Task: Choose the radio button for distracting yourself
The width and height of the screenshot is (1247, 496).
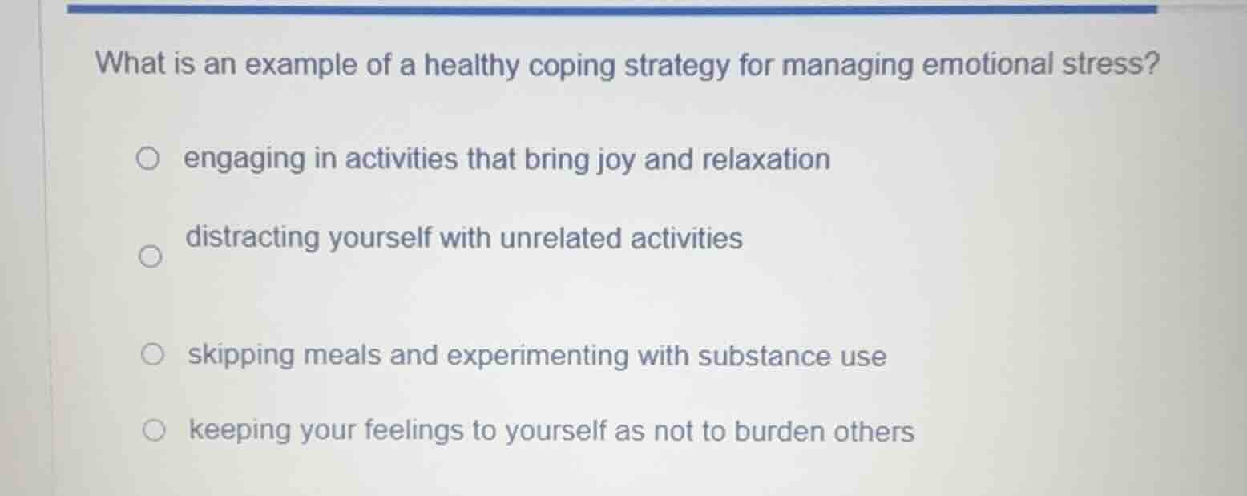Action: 147,258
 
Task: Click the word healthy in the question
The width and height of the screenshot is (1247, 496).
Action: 471,65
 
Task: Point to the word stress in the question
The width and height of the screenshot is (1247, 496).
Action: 1111,63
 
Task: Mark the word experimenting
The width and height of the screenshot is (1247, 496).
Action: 538,357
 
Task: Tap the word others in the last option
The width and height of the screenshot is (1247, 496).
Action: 874,432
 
